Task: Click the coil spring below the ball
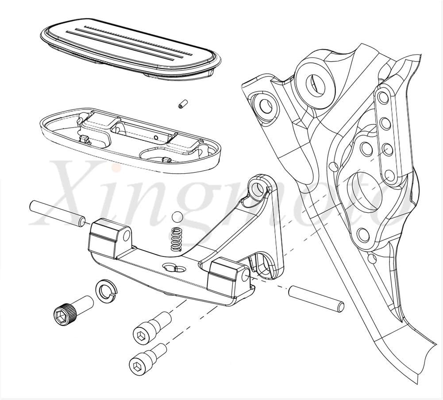tap(177, 239)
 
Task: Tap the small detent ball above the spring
tap(177, 217)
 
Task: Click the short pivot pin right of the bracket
tap(316, 299)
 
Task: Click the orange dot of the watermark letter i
tap(116, 169)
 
